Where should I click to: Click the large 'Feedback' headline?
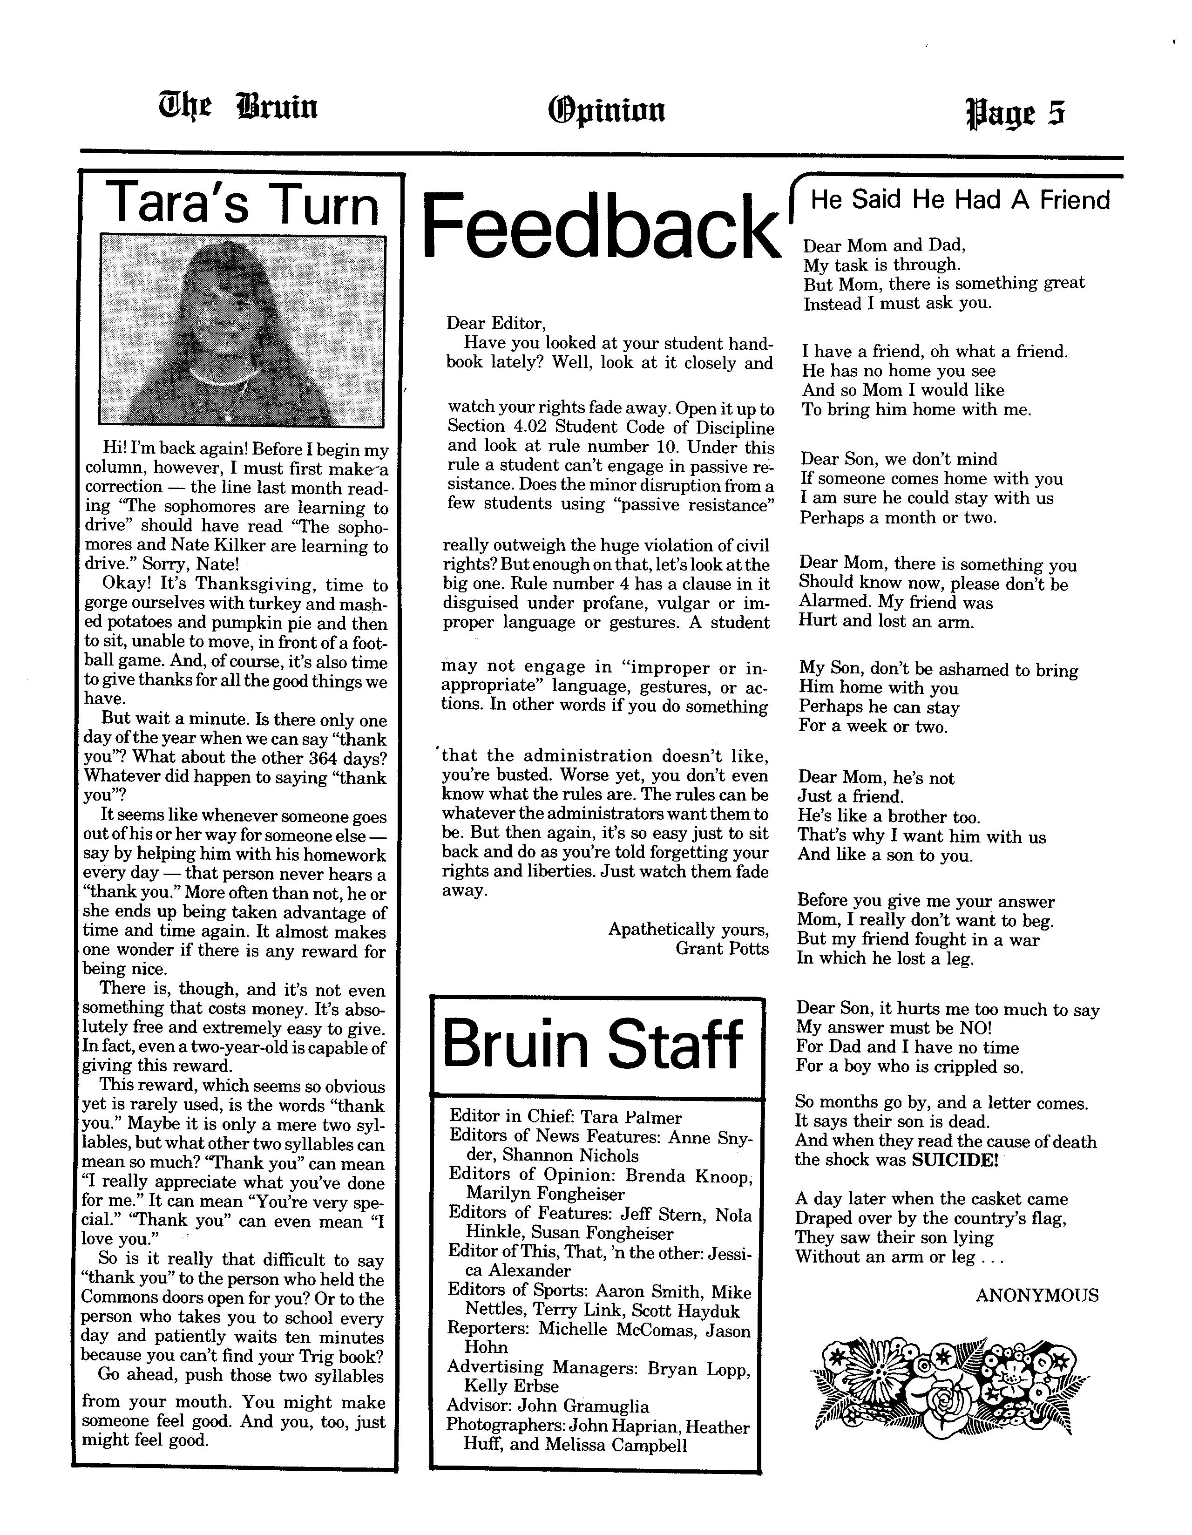click(602, 226)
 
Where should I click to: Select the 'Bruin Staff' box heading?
click(592, 1045)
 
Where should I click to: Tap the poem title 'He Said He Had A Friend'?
click(960, 200)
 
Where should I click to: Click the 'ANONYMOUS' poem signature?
click(1036, 1295)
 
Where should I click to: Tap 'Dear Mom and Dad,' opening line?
click(884, 245)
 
